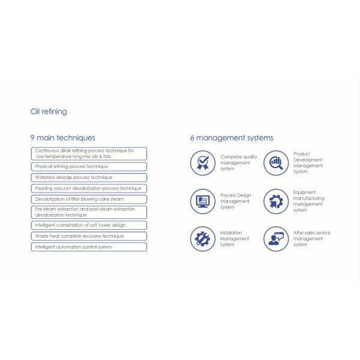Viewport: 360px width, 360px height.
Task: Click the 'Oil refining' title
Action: [49, 112]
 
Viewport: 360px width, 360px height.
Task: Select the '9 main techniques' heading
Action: [62, 138]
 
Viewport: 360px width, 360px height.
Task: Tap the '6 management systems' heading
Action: [232, 138]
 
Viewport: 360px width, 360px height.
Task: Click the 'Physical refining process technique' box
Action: [89, 167]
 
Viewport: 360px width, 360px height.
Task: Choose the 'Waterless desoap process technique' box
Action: [89, 178]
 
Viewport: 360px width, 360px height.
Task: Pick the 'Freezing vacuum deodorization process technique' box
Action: [89, 188]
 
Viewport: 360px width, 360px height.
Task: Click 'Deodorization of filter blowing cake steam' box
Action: [89, 199]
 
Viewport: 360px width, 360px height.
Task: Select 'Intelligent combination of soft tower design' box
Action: [89, 225]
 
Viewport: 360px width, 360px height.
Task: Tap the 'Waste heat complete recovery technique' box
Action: [89, 236]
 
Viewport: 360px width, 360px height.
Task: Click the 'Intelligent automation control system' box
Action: [89, 247]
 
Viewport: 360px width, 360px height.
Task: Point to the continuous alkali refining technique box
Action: [89, 154]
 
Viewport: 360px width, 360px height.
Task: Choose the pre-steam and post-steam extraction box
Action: [89, 212]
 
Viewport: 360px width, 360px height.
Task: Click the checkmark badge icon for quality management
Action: [203, 163]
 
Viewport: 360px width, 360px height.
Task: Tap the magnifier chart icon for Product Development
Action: [276, 163]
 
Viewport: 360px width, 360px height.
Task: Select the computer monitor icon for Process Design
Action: [203, 201]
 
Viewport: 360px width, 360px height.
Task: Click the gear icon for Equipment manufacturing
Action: [276, 201]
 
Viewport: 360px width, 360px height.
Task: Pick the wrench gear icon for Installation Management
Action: [203, 239]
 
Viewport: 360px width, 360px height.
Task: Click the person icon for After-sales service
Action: [276, 239]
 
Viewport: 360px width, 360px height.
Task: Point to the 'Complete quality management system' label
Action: [238, 163]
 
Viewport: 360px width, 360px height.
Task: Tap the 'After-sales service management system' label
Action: [311, 239]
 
